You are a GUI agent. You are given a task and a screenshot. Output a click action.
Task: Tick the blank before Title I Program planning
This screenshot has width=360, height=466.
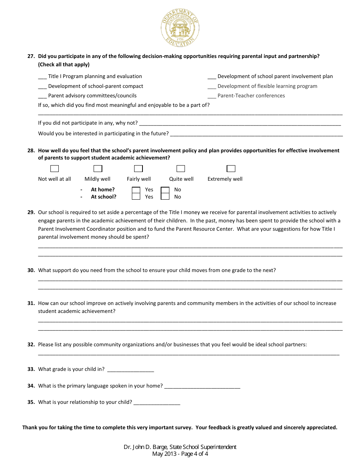coord(42,77)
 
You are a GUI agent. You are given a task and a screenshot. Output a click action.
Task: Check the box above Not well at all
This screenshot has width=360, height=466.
coord(55,169)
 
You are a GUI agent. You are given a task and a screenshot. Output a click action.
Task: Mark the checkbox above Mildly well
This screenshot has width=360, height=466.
coord(98,169)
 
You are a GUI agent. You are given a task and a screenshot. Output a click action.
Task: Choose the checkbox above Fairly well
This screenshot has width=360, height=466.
coord(139,169)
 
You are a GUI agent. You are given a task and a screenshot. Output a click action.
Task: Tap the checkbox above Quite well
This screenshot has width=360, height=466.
coord(181,169)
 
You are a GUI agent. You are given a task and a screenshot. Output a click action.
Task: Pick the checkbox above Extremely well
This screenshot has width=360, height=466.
coord(231,169)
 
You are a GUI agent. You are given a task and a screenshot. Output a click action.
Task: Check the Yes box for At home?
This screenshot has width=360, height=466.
coord(136,190)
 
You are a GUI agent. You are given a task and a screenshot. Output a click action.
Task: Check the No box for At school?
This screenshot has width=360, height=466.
coord(165,197)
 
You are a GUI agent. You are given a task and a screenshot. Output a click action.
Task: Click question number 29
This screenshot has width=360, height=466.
coord(31,213)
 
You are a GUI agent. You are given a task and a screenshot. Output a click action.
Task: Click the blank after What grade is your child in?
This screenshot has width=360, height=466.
coord(130,370)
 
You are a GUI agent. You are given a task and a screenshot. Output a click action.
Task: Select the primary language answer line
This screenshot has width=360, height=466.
coord(202,386)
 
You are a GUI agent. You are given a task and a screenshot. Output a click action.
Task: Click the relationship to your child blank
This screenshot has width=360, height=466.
coord(157,403)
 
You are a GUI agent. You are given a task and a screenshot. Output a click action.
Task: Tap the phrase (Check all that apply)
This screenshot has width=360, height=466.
coord(64,64)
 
